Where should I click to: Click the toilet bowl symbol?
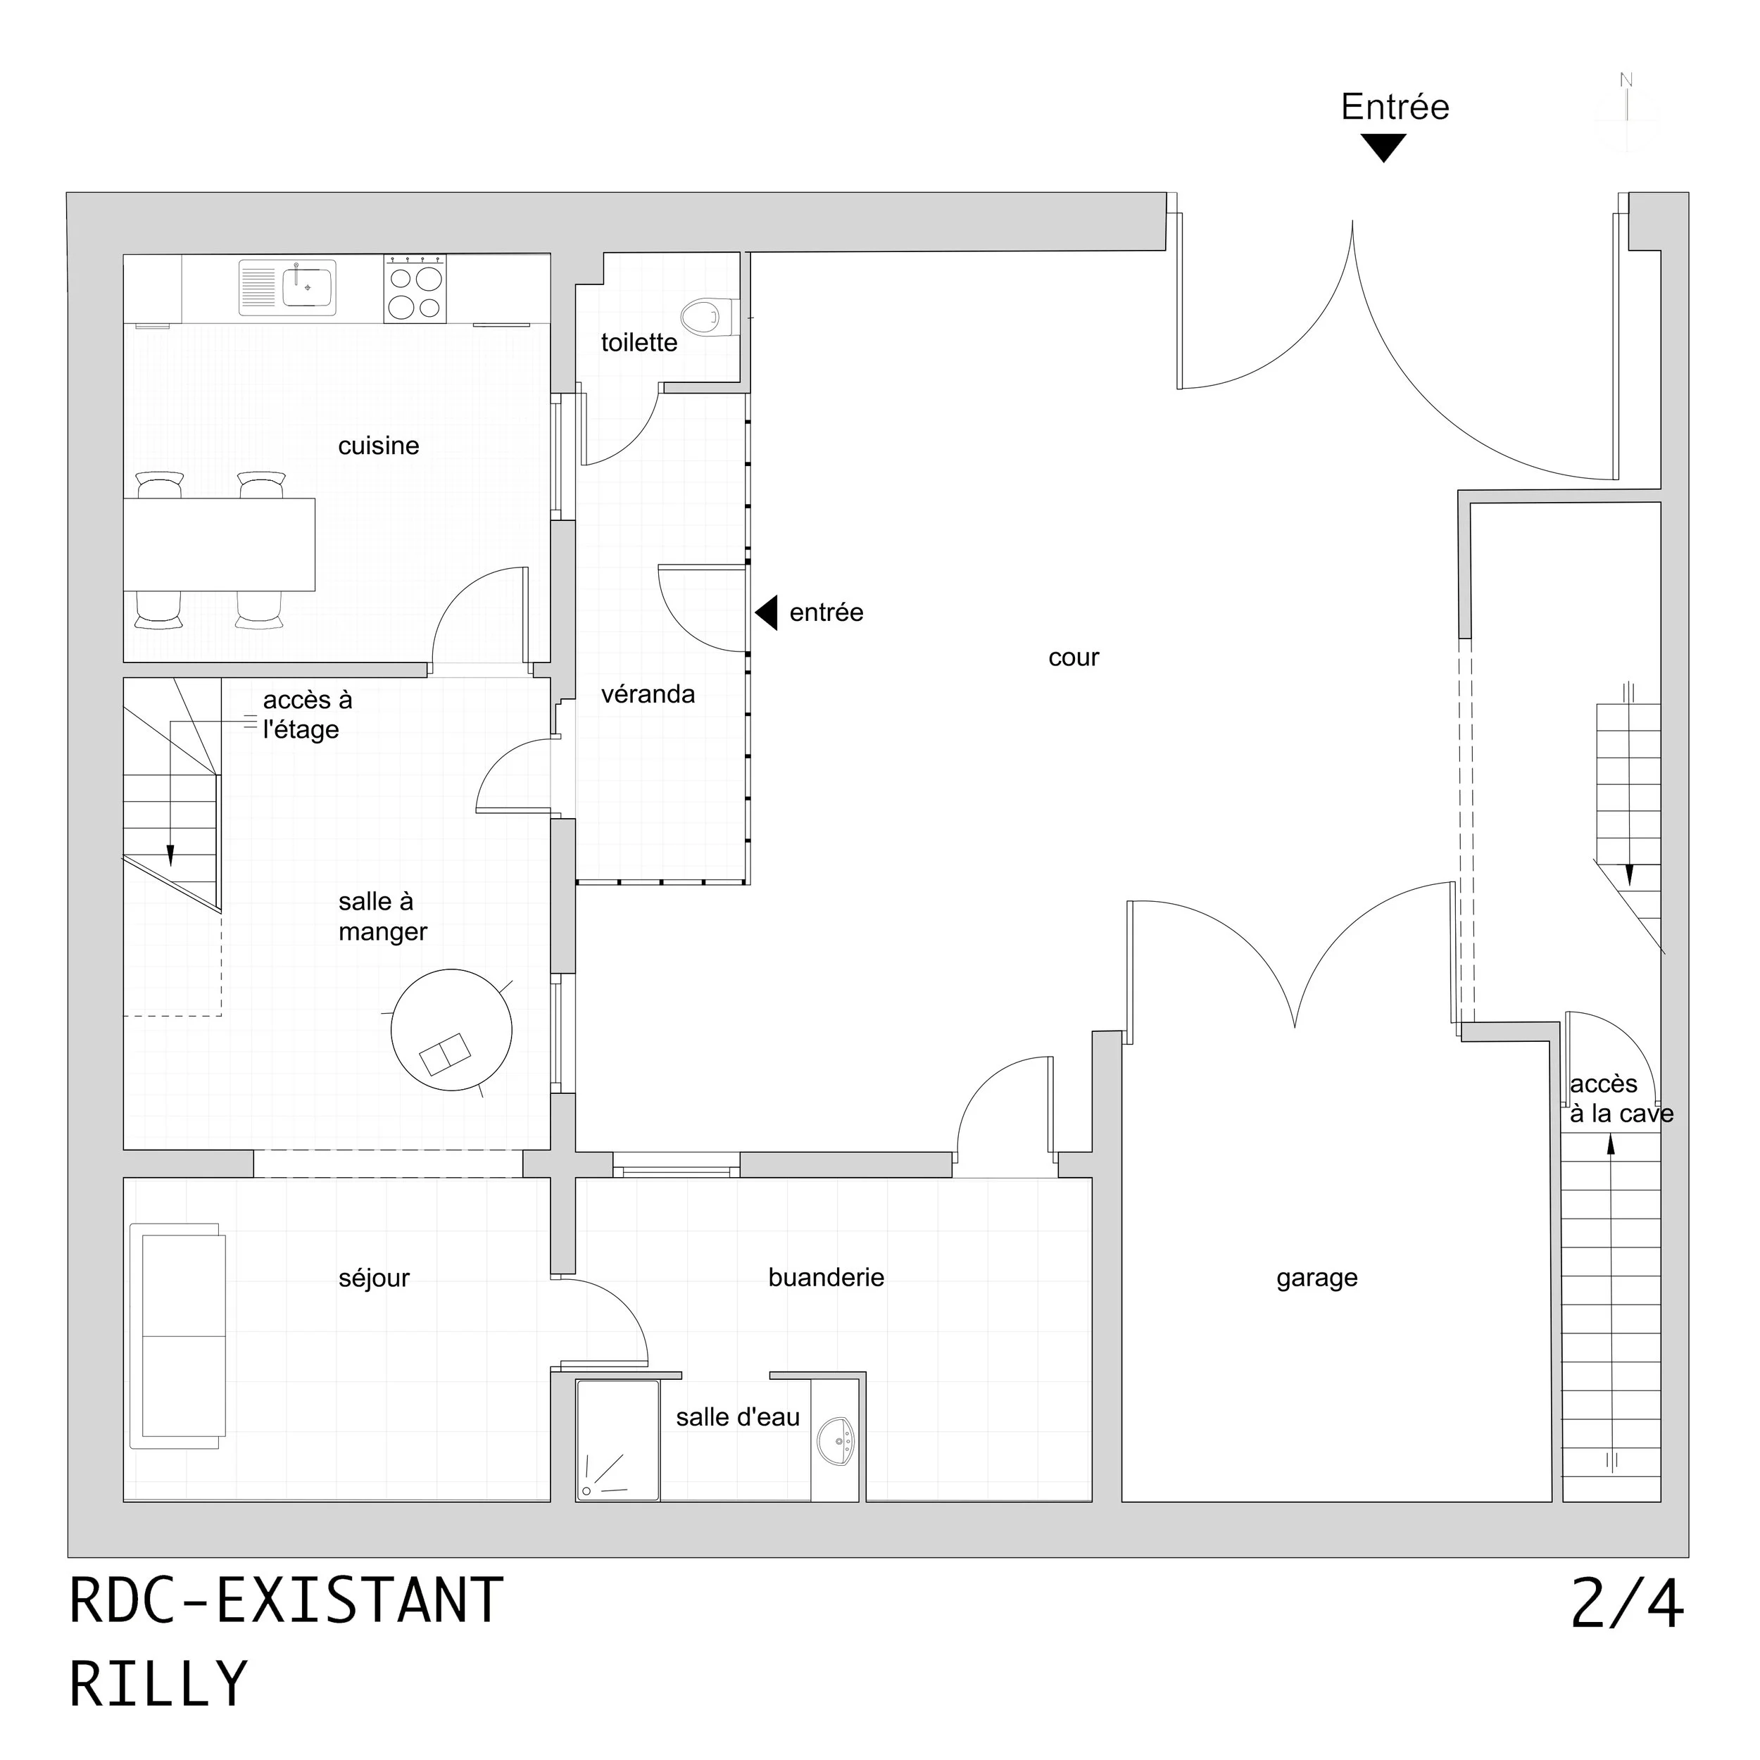tap(700, 317)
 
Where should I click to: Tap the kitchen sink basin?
tap(308, 287)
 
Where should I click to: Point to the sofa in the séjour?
tap(177, 1335)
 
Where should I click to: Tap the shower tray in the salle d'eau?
tap(617, 1440)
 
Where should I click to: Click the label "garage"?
tap(1316, 1278)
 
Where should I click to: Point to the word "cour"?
tap(1073, 658)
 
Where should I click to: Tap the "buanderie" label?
tap(825, 1277)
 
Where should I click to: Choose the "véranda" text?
tap(648, 694)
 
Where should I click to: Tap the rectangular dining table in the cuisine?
tap(219, 545)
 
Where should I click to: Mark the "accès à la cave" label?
tap(1621, 1099)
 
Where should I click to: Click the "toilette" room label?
tap(639, 343)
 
